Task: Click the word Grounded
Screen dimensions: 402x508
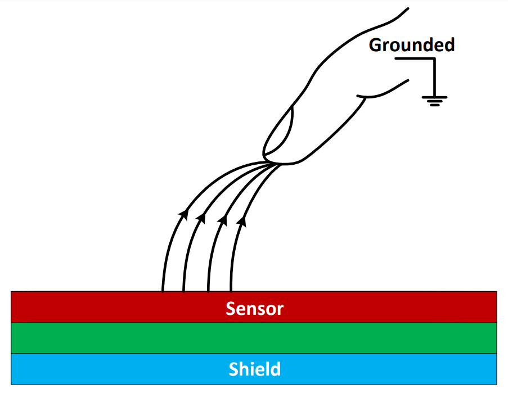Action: point(411,45)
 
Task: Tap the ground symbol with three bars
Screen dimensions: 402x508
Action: point(434,101)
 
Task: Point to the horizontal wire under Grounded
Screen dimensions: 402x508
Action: point(414,58)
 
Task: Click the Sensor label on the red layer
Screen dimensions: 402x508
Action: point(254,308)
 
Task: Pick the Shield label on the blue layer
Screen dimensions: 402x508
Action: point(254,369)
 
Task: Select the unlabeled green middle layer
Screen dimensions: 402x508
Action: point(254,338)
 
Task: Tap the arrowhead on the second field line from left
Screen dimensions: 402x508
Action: point(201,216)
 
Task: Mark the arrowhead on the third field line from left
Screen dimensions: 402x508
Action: point(223,218)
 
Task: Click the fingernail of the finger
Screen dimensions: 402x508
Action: point(280,131)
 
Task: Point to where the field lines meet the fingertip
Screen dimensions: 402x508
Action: point(272,163)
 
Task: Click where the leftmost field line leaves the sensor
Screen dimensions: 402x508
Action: point(163,291)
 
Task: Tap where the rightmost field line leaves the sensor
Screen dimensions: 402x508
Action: point(231,291)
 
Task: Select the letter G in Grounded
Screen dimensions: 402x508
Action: point(375,45)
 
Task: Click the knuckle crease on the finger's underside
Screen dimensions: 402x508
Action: point(365,97)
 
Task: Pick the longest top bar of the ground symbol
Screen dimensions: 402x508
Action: point(434,97)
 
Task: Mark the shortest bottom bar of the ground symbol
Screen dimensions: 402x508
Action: point(434,105)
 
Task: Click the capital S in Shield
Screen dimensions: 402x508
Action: point(234,369)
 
